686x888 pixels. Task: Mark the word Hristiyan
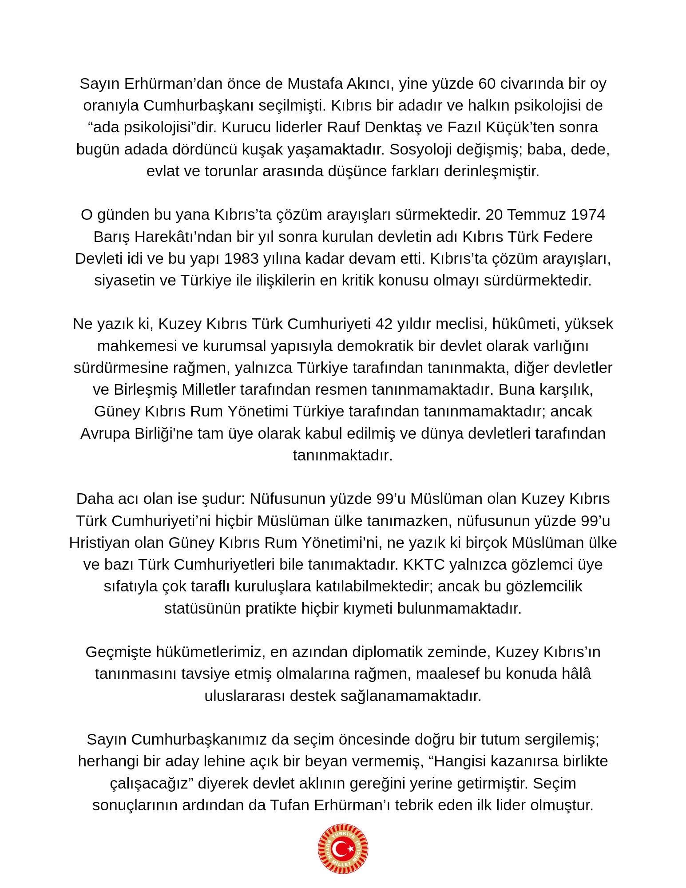(94, 543)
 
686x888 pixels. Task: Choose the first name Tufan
(289, 805)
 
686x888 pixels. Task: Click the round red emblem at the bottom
(343, 849)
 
